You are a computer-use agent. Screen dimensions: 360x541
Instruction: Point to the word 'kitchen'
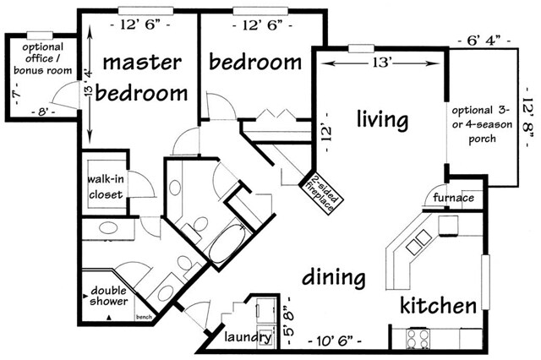pyautogui.click(x=438, y=305)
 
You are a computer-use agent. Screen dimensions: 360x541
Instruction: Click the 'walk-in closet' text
pyautogui.click(x=105, y=187)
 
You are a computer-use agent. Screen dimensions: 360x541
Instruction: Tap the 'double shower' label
pyautogui.click(x=110, y=292)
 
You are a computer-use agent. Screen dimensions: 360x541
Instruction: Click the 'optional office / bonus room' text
pyautogui.click(x=42, y=58)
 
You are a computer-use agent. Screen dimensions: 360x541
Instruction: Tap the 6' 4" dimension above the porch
pyautogui.click(x=485, y=39)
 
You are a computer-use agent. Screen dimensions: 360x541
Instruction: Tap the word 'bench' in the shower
pyautogui.click(x=142, y=318)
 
